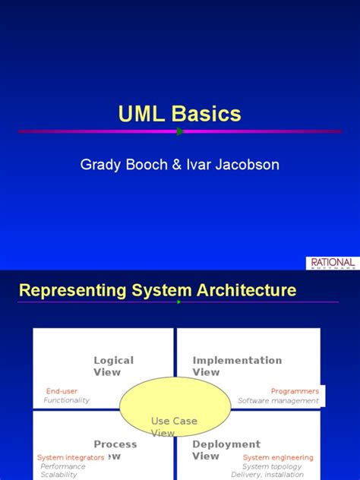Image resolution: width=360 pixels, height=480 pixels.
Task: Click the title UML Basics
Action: pyautogui.click(x=180, y=114)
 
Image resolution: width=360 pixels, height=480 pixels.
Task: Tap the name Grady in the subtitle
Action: pyautogui.click(x=100, y=164)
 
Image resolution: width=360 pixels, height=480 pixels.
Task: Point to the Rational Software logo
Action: pyautogui.click(x=332, y=263)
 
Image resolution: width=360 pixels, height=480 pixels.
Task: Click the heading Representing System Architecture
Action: pyautogui.click(x=157, y=290)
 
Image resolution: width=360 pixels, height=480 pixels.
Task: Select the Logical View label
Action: pyautogui.click(x=113, y=366)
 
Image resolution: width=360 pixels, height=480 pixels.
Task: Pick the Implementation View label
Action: pyautogui.click(x=237, y=366)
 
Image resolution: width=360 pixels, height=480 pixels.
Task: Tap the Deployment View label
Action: pyautogui.click(x=226, y=450)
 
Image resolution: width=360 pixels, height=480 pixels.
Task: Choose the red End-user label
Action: pyautogui.click(x=62, y=391)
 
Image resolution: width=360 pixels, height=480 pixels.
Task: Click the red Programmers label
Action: pyautogui.click(x=295, y=391)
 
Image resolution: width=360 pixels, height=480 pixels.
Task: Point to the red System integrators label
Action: pyautogui.click(x=71, y=457)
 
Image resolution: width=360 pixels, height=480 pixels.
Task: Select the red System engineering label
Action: pyautogui.click(x=277, y=457)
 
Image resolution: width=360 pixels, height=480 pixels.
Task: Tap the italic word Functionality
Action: pyautogui.click(x=67, y=400)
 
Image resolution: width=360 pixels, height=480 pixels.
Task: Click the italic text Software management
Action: pyautogui.click(x=278, y=400)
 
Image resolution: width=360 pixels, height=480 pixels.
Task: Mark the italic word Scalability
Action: pyautogui.click(x=59, y=475)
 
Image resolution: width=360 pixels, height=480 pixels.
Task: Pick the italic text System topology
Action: pyautogui.click(x=272, y=466)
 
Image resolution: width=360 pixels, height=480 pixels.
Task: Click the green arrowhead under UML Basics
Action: pyautogui.click(x=180, y=131)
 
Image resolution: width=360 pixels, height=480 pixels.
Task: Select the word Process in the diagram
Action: pyautogui.click(x=115, y=444)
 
